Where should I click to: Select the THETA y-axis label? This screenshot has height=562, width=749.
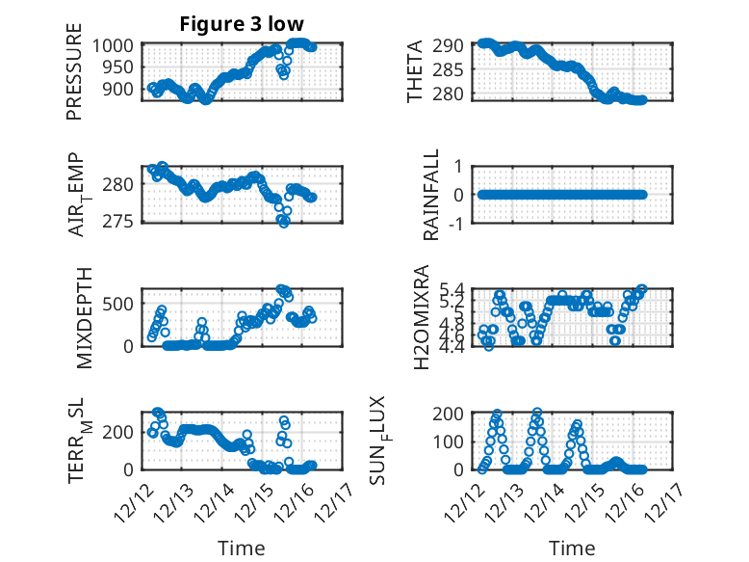click(415, 73)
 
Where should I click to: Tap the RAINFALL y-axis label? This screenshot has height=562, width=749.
click(432, 195)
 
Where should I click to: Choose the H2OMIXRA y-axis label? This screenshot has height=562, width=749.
click(421, 316)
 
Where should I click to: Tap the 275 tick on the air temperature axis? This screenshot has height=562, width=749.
click(123, 223)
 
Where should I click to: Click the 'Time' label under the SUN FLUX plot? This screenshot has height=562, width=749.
click(572, 548)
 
